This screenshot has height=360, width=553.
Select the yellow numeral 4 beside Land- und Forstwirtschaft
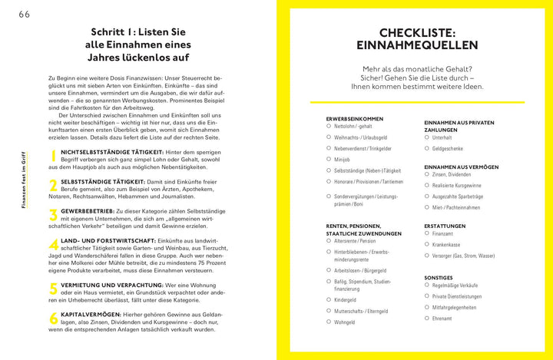point(54,245)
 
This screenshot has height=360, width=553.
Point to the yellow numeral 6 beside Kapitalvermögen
point(54,318)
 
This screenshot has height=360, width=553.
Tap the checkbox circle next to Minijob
point(329,159)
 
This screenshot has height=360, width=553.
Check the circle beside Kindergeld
point(329,299)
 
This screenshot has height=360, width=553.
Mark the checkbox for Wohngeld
point(329,322)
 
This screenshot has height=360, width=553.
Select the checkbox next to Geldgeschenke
point(427,148)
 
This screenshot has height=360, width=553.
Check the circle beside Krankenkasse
point(427,244)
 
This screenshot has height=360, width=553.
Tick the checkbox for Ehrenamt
point(427,318)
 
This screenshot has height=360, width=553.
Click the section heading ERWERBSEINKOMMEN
point(354,119)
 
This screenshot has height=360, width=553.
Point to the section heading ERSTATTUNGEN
point(445,226)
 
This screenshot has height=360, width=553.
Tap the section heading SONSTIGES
point(439,277)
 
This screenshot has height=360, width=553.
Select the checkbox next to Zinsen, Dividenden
point(427,174)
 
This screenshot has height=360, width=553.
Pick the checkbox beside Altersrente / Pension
point(329,240)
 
